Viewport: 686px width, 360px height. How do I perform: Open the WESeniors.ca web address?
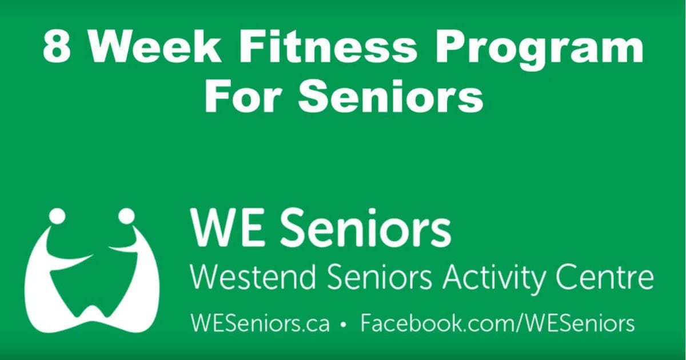(x=260, y=324)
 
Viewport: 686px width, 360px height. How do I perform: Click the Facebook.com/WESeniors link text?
(x=497, y=324)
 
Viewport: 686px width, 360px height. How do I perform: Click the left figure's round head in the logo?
(x=57, y=216)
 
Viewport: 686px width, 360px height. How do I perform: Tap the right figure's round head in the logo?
(x=126, y=216)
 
